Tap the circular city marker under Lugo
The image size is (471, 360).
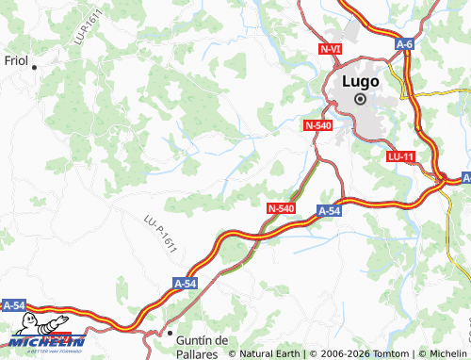(x=360, y=98)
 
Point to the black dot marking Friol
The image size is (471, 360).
(x=35, y=67)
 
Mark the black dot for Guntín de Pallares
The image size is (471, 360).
(x=170, y=334)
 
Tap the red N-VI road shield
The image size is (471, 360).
(x=331, y=48)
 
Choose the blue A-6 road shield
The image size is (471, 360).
(x=405, y=44)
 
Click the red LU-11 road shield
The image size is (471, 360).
(x=400, y=155)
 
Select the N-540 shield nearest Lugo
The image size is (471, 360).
(x=318, y=124)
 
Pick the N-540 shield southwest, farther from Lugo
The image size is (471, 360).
(x=281, y=208)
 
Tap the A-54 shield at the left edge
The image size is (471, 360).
(x=13, y=305)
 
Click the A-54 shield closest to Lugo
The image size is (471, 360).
(x=329, y=212)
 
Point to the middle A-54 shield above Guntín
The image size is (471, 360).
(x=185, y=282)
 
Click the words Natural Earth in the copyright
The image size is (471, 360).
(x=269, y=353)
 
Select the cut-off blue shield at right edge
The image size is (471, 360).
(x=465, y=177)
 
